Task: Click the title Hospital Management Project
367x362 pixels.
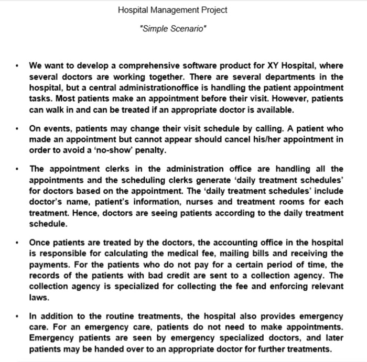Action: (172, 10)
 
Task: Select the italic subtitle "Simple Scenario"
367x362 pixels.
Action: (172, 28)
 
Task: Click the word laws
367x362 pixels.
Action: (38, 298)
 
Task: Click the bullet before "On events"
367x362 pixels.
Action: (17, 129)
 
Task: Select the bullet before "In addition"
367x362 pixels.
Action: (17, 316)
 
